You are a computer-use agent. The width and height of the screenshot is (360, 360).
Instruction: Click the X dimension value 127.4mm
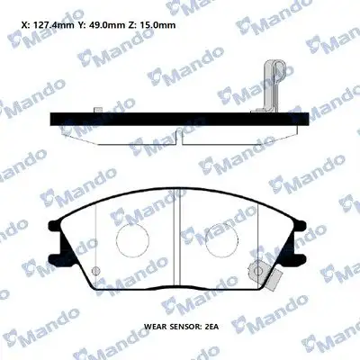click(x=53, y=25)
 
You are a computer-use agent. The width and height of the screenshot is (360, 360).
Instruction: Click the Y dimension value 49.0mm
click(x=104, y=25)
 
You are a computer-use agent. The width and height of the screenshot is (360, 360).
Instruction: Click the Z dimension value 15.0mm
click(x=158, y=25)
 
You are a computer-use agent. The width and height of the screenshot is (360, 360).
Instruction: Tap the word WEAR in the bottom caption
click(x=155, y=327)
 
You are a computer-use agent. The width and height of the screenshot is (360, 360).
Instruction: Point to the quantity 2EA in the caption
click(x=211, y=327)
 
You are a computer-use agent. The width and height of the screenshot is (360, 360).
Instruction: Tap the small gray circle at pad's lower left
click(x=96, y=271)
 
